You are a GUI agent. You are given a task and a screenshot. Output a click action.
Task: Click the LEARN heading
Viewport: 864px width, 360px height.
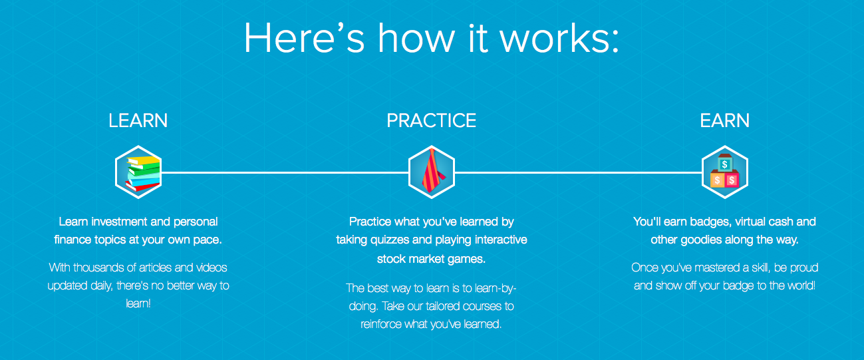pyautogui.click(x=138, y=120)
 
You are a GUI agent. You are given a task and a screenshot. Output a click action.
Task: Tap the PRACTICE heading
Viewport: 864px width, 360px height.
pyautogui.click(x=432, y=120)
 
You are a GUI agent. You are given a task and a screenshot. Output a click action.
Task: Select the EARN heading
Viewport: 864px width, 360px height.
pyautogui.click(x=724, y=120)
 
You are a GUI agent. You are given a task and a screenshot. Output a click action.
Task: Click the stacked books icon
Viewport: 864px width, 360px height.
pyautogui.click(x=138, y=172)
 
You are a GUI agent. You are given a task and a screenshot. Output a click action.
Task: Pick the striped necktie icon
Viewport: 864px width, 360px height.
pyautogui.click(x=431, y=172)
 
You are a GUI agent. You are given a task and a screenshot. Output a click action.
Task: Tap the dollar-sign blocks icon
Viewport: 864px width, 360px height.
pyautogui.click(x=724, y=172)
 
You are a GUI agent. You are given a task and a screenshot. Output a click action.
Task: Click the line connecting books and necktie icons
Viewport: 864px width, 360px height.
pyautogui.click(x=285, y=172)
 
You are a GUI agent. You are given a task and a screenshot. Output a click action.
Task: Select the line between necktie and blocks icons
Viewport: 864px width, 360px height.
pyautogui.click(x=577, y=172)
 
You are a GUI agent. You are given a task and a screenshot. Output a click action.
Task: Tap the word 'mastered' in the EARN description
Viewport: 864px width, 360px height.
pyautogui.click(x=712, y=268)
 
